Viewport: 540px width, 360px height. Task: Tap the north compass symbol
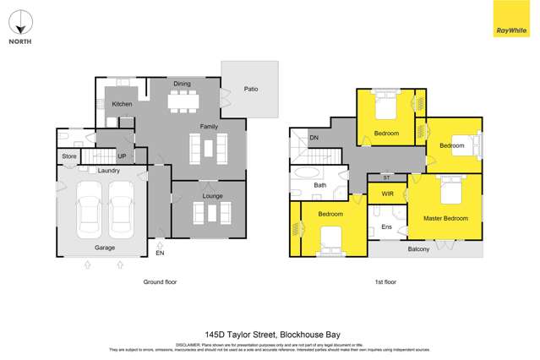20,22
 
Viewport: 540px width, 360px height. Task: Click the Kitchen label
123,104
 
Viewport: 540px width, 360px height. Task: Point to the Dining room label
183,84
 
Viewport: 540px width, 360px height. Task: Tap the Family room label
209,127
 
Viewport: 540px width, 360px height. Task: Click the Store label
69,156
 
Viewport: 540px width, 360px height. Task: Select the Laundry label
108,171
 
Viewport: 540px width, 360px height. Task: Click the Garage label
104,248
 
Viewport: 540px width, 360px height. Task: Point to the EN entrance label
161,252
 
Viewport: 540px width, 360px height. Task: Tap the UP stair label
122,156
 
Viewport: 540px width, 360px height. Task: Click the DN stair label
314,137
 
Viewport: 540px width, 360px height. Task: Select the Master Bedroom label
445,219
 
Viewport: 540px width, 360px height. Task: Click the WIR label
387,194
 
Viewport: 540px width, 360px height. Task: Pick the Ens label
386,227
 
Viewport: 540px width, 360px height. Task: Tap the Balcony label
418,248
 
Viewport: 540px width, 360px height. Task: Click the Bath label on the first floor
320,185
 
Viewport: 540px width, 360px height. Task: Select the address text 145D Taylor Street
239,334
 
